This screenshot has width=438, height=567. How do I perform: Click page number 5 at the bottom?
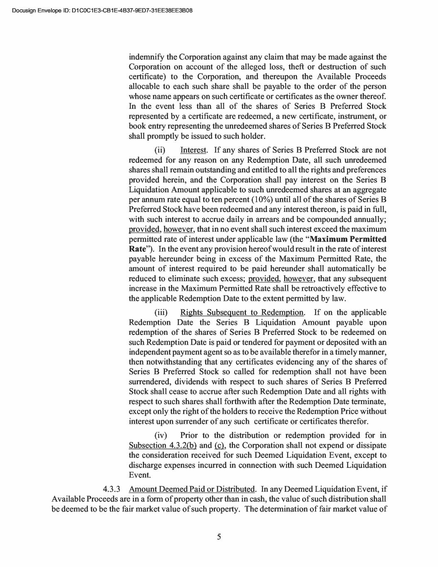pyautogui.click(x=219, y=537)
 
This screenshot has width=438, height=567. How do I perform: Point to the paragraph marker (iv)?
pyautogui.click(x=161, y=435)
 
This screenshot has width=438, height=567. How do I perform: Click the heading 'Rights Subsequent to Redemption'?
pyautogui.click(x=242, y=313)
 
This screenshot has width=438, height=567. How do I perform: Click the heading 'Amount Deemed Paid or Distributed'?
pyautogui.click(x=192, y=489)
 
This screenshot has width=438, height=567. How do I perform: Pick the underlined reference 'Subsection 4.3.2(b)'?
pyautogui.click(x=163, y=445)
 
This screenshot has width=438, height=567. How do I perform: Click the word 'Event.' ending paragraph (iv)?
pyautogui.click(x=140, y=475)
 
